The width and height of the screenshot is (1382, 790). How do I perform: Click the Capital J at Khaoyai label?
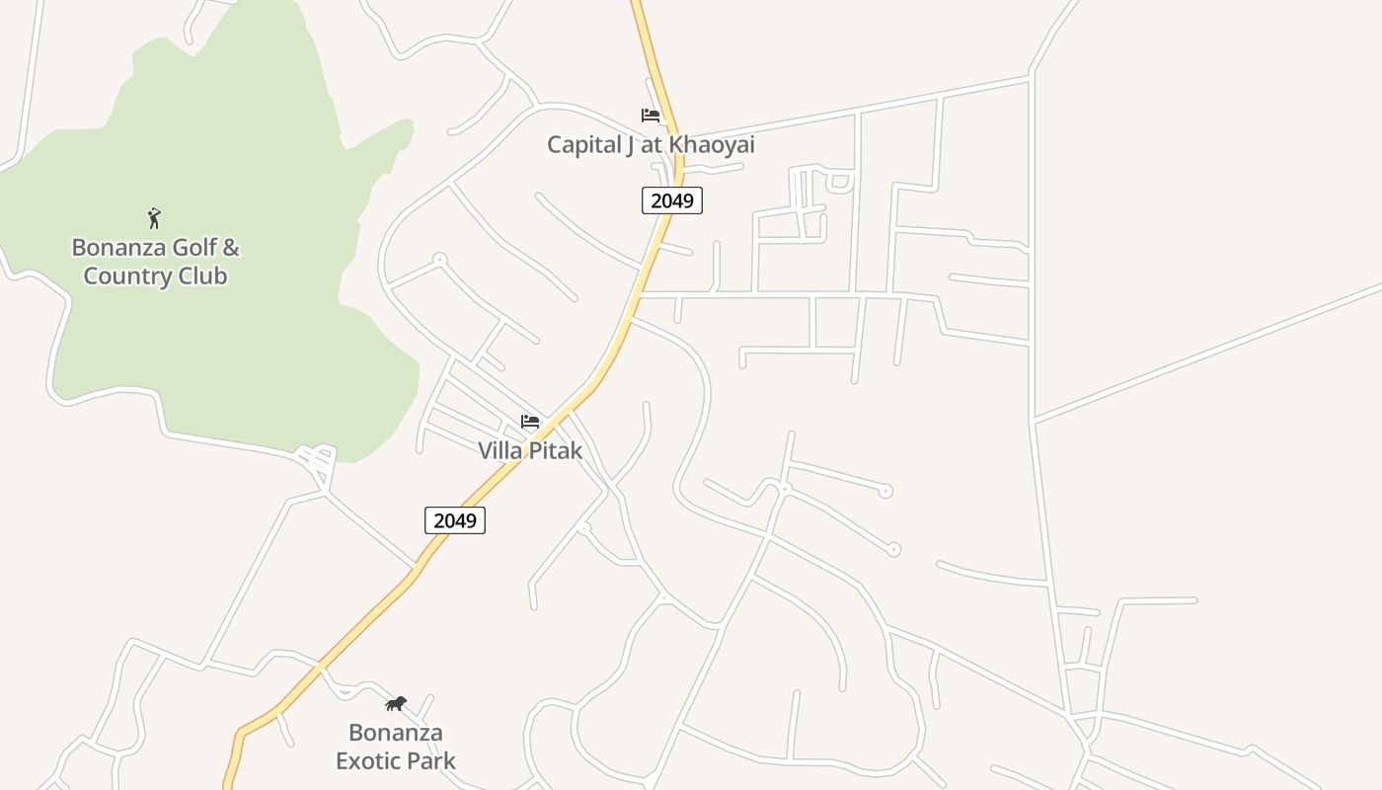coord(651,145)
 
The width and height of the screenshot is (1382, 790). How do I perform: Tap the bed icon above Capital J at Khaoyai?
coord(650,116)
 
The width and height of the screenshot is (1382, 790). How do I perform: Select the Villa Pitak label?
coord(530,451)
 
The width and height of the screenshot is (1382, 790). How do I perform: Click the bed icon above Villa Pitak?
coord(530,422)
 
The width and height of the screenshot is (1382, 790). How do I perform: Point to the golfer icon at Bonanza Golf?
coord(154,218)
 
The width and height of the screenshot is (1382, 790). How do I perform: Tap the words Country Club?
coord(155,276)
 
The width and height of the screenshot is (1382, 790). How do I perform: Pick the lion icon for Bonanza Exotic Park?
coord(396,704)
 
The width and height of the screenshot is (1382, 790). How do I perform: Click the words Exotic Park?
coord(396,761)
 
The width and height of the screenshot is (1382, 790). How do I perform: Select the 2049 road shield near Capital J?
coord(672,200)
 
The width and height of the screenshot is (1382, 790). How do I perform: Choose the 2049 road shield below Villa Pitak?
coord(455,520)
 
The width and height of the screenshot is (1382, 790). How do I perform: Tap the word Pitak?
coord(558,451)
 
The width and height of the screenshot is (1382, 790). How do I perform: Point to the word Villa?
coord(501,451)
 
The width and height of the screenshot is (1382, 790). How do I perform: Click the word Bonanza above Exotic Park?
coord(396,733)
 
